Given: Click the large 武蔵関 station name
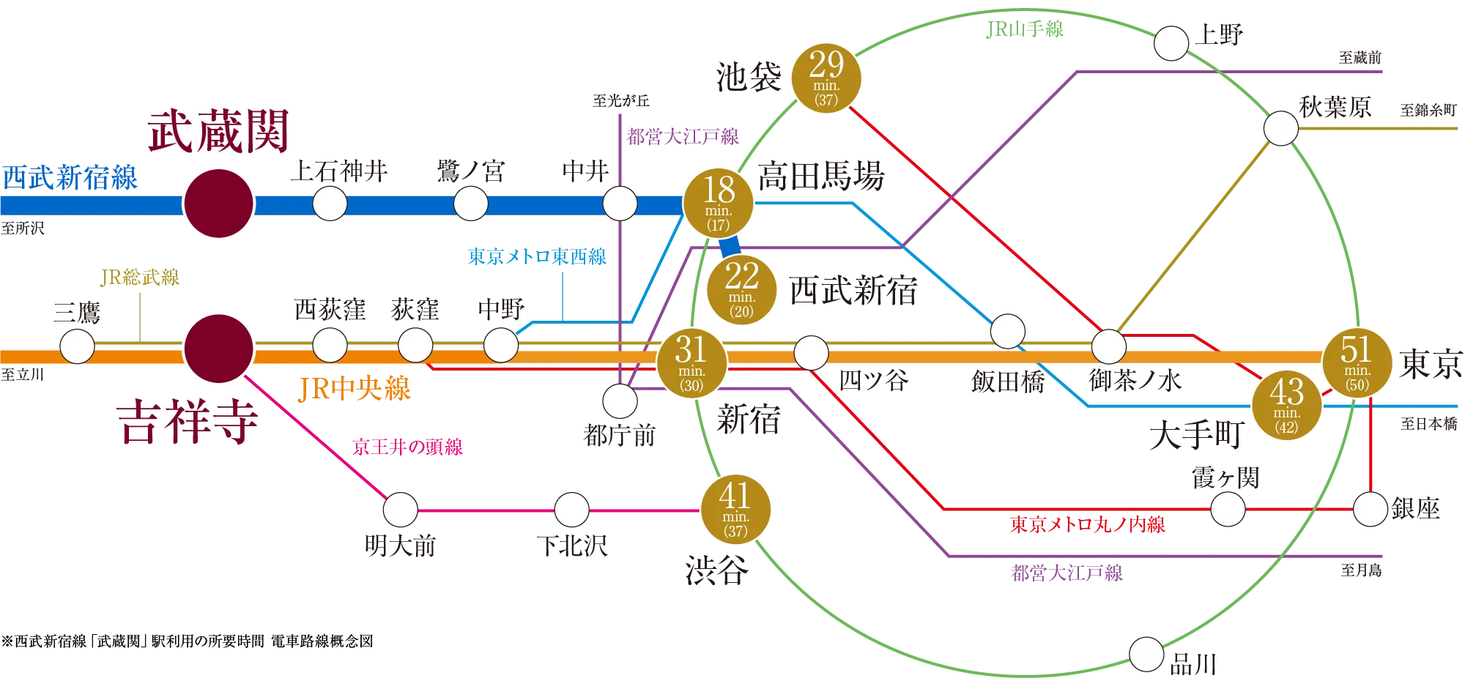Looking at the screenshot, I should [218, 132].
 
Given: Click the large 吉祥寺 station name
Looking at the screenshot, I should [188, 423].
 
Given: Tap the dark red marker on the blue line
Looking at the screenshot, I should [218, 204].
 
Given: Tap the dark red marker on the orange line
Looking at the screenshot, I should [218, 349].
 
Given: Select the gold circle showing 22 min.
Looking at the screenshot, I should [741, 290].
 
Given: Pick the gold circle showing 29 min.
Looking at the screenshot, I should [826, 78].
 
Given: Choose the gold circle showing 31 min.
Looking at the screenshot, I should [691, 363].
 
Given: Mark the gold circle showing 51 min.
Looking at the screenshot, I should [1357, 363].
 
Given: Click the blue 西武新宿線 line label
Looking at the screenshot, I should [70, 178].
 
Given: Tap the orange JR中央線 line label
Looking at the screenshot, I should [355, 389].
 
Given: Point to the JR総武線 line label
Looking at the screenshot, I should [141, 278].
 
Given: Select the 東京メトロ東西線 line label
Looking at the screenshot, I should [538, 258].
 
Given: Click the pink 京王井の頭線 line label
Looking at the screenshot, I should [408, 447].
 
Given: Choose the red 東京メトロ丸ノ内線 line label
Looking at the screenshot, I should [1087, 524].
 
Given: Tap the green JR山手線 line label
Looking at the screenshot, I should [1025, 29].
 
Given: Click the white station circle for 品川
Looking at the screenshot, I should [1146, 654].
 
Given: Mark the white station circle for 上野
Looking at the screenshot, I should [1171, 44].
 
